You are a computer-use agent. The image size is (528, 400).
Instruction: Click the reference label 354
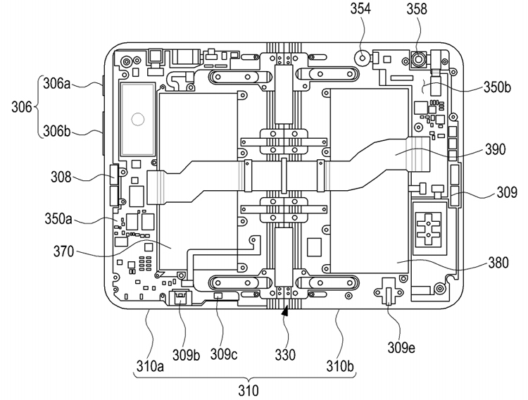point(360,8)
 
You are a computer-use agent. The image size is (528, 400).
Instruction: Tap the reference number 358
point(417,8)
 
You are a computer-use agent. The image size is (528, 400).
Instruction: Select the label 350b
point(497,87)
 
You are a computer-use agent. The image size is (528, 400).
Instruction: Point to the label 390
point(495,149)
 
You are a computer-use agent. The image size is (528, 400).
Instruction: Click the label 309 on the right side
point(506,193)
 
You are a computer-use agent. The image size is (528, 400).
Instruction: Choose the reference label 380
point(498,263)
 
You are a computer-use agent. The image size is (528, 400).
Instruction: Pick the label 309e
point(401,347)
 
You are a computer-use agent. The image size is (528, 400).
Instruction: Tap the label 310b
point(340,366)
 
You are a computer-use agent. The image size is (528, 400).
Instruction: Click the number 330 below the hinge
point(285,354)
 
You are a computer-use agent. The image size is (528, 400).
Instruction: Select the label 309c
point(224,354)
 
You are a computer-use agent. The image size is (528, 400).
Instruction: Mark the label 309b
point(187,354)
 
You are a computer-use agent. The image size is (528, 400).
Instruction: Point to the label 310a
point(150,366)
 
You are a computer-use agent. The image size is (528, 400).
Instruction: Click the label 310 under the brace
point(249,391)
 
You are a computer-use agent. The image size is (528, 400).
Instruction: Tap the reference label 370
point(63,251)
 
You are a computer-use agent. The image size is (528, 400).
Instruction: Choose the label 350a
point(58,219)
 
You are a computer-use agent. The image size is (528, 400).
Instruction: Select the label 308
point(61,177)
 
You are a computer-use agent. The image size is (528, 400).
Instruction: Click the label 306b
point(57,132)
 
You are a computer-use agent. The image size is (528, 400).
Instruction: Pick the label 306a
point(56,84)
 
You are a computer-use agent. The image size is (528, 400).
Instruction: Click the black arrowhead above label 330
point(286,311)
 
